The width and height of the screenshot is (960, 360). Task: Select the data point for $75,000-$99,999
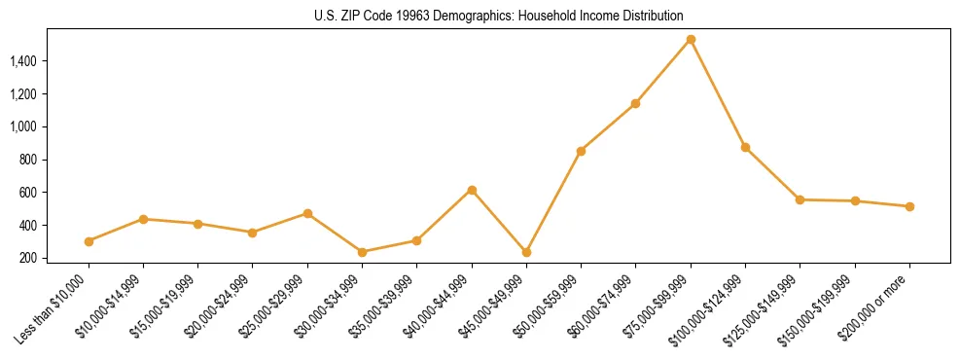point(691,40)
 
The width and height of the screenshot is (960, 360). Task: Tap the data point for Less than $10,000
point(89,241)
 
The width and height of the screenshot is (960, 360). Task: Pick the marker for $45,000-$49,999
point(526,252)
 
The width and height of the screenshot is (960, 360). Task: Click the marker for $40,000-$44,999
point(472,190)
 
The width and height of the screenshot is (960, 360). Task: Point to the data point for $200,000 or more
point(909,206)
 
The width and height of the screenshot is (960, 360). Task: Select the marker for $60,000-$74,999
point(635,103)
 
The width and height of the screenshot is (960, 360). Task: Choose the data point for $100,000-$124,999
point(745,147)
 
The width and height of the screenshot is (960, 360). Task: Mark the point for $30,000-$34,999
point(363,252)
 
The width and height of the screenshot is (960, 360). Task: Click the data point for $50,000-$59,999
point(581,151)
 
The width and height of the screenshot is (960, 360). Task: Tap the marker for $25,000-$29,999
point(307,213)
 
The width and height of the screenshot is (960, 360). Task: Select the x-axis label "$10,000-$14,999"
point(110,307)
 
